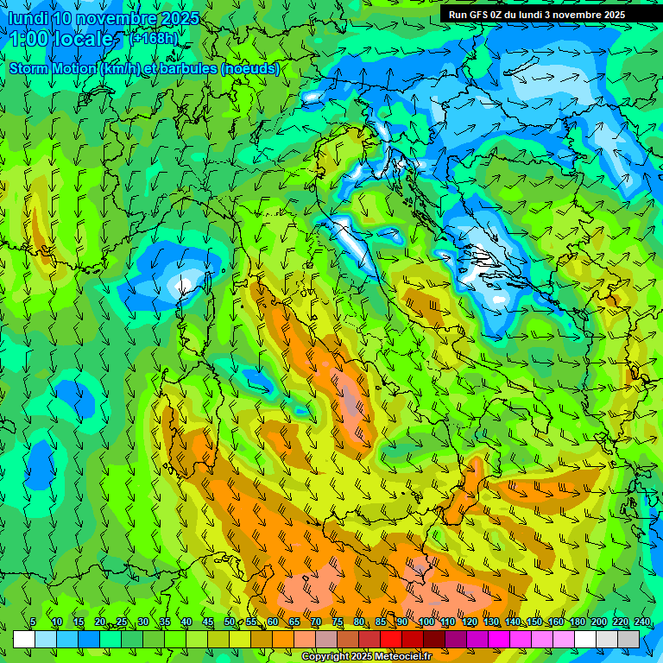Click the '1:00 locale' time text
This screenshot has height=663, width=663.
[62, 39]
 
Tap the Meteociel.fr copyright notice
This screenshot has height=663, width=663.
[367, 656]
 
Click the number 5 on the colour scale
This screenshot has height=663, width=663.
[33, 622]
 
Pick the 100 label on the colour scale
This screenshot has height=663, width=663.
[426, 622]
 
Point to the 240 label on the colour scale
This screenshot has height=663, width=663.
[642, 622]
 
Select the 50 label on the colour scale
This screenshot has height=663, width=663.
[229, 622]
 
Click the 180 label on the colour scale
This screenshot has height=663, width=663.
[576, 622]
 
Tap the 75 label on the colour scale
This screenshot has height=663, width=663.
[337, 622]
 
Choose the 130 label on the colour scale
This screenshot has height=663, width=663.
[490, 622]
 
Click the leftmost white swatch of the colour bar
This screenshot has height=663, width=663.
[24, 639]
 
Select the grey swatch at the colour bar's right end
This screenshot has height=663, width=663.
[628, 639]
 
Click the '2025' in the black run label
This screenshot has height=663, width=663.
[614, 15]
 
